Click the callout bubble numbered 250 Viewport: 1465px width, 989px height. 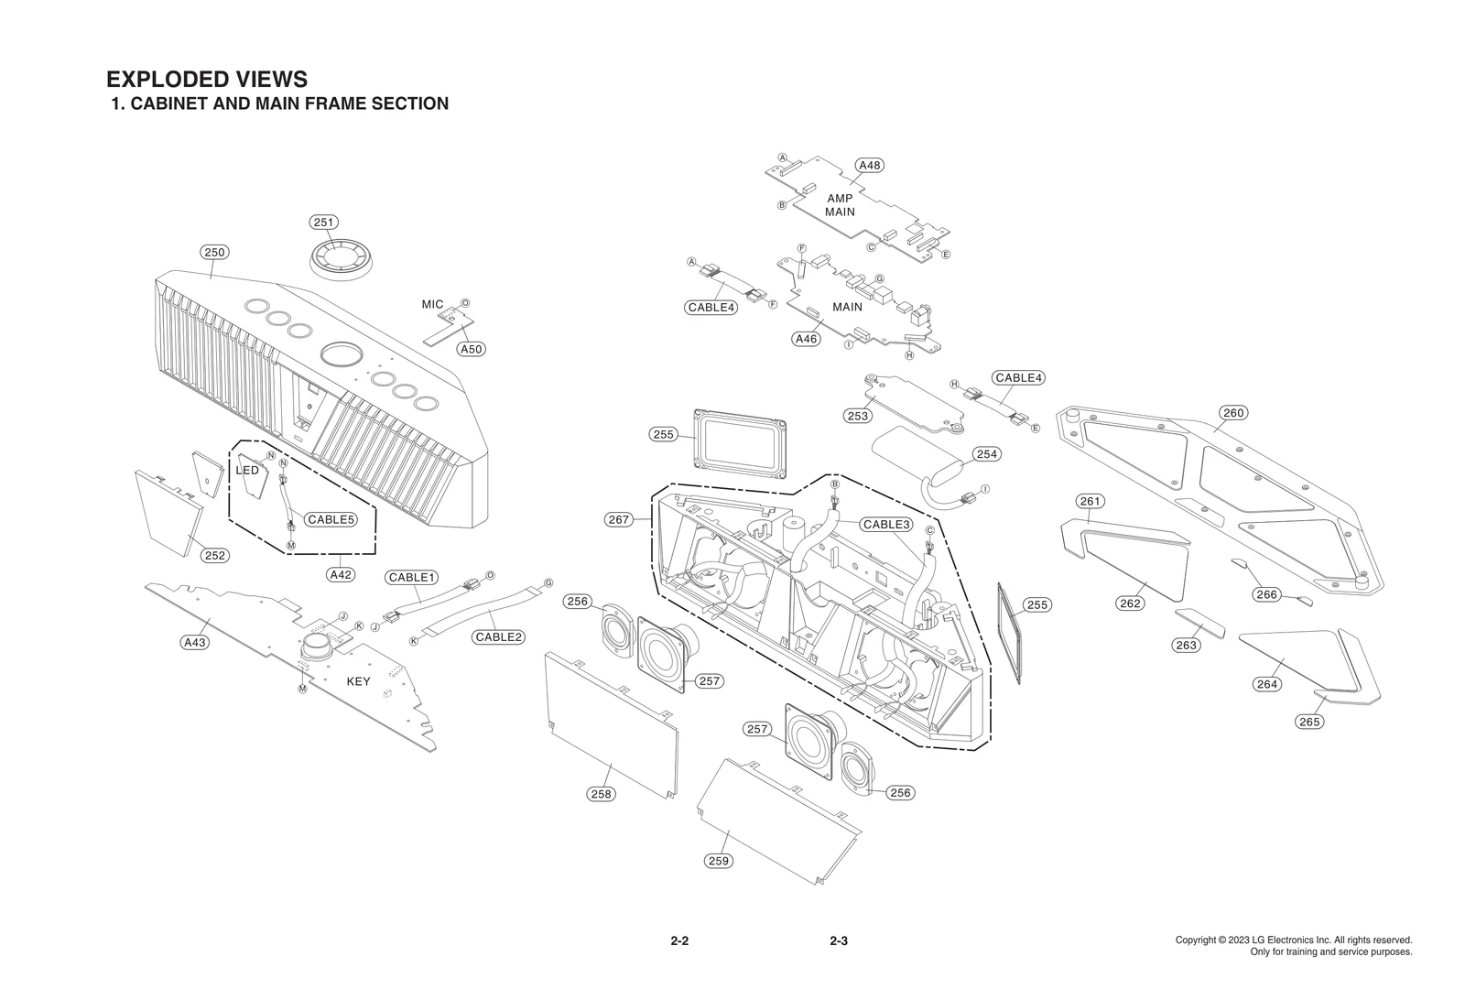pos(214,252)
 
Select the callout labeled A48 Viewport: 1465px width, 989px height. pos(869,165)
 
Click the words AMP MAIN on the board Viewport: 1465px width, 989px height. pos(840,205)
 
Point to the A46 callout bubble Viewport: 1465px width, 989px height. pos(806,339)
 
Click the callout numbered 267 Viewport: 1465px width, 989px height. pos(619,519)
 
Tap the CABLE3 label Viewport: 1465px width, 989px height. pos(886,525)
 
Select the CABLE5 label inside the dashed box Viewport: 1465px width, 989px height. pos(330,519)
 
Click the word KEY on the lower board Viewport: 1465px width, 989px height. pos(358,681)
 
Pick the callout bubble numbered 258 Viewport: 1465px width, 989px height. pos(601,794)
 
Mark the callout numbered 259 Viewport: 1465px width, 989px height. pos(719,860)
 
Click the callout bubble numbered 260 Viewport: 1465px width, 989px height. pos(1233,413)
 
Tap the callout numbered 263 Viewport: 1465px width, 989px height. pos(1186,645)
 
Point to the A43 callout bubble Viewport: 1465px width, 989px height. pos(194,642)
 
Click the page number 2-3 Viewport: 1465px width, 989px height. pos(838,941)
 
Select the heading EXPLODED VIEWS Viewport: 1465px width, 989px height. pos(207,80)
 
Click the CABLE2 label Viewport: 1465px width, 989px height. pos(498,636)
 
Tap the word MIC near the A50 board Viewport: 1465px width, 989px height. pos(432,304)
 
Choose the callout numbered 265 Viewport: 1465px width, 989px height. pos(1309,722)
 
